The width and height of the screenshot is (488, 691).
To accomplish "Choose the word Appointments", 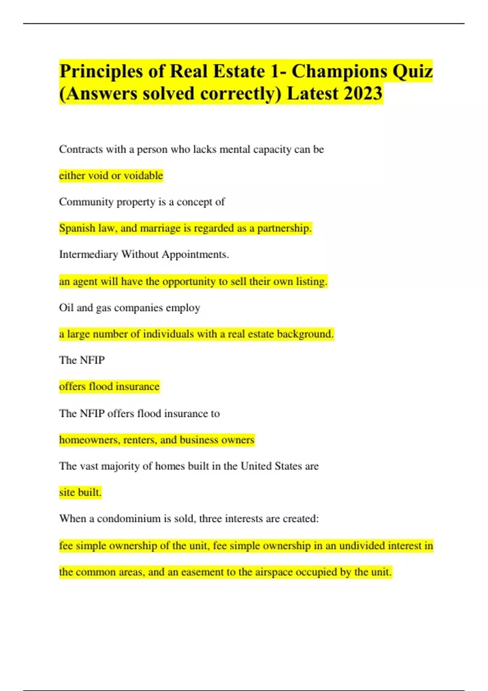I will pos(195,255).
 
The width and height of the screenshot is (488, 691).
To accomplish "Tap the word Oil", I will pos(66,308).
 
